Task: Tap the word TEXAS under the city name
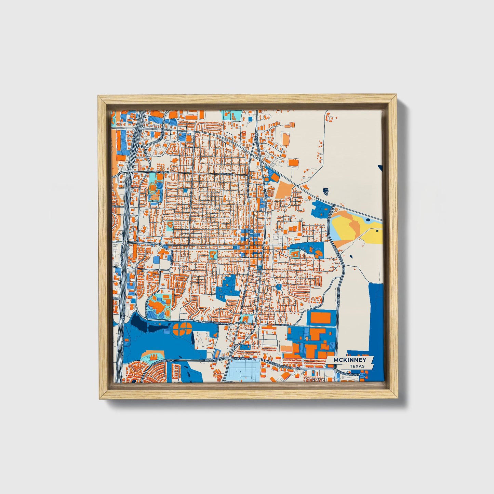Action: [357, 366]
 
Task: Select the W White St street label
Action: [228, 174]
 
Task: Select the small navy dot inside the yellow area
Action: [377, 231]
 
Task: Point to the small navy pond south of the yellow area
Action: [351, 256]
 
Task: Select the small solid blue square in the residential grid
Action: [186, 190]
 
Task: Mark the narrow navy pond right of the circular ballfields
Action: [192, 338]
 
